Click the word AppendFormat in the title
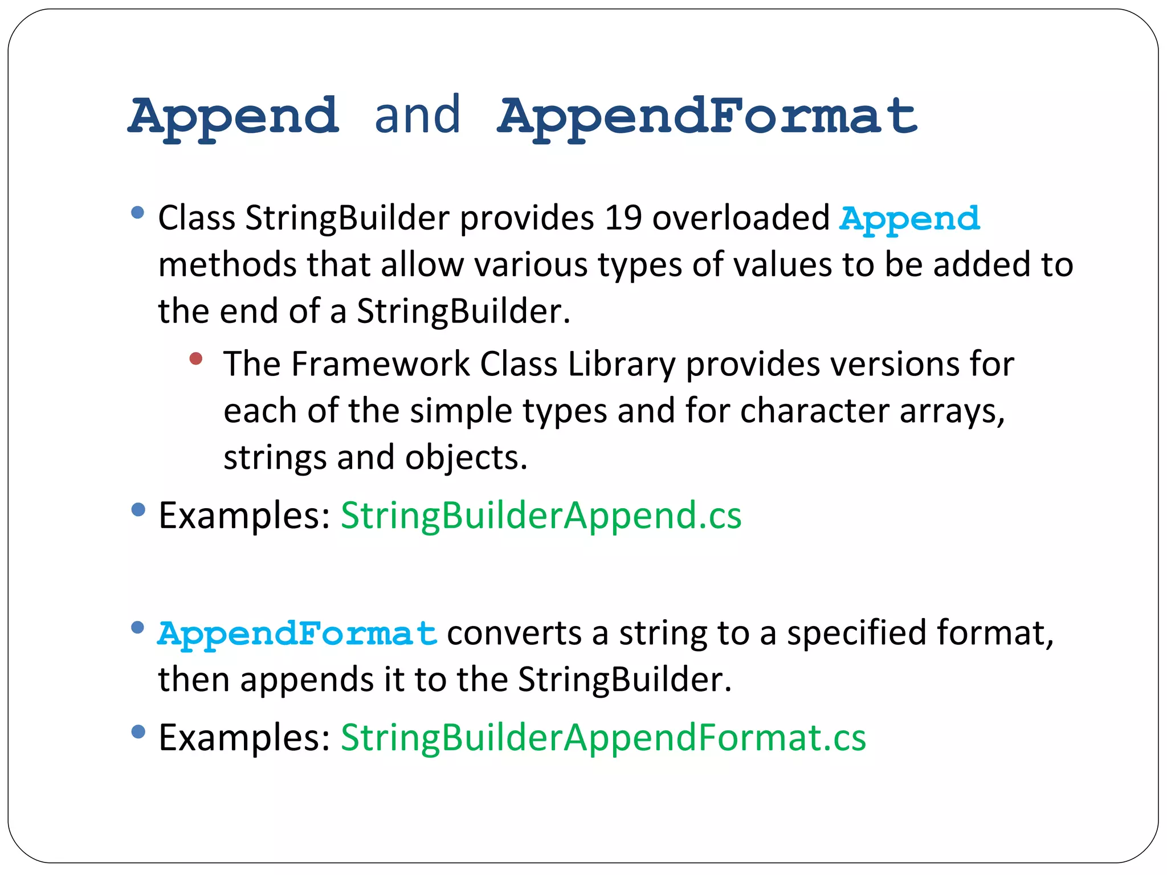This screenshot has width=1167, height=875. (x=707, y=117)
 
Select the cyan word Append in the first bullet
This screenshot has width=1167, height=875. (x=909, y=219)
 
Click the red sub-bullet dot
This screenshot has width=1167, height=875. (x=196, y=358)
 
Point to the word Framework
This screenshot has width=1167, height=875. (x=380, y=364)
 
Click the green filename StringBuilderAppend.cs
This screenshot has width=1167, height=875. (x=541, y=516)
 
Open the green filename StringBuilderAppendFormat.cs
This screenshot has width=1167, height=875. (x=603, y=738)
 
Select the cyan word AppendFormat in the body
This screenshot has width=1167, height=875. (x=297, y=634)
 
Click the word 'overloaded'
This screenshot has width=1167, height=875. (x=741, y=218)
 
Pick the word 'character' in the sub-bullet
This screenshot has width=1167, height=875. (x=814, y=411)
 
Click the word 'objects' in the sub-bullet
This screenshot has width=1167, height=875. (x=466, y=458)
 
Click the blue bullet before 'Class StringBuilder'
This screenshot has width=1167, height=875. (x=137, y=213)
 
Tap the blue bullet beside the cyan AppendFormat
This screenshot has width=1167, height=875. (x=137, y=628)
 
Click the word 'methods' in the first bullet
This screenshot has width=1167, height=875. (x=227, y=265)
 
